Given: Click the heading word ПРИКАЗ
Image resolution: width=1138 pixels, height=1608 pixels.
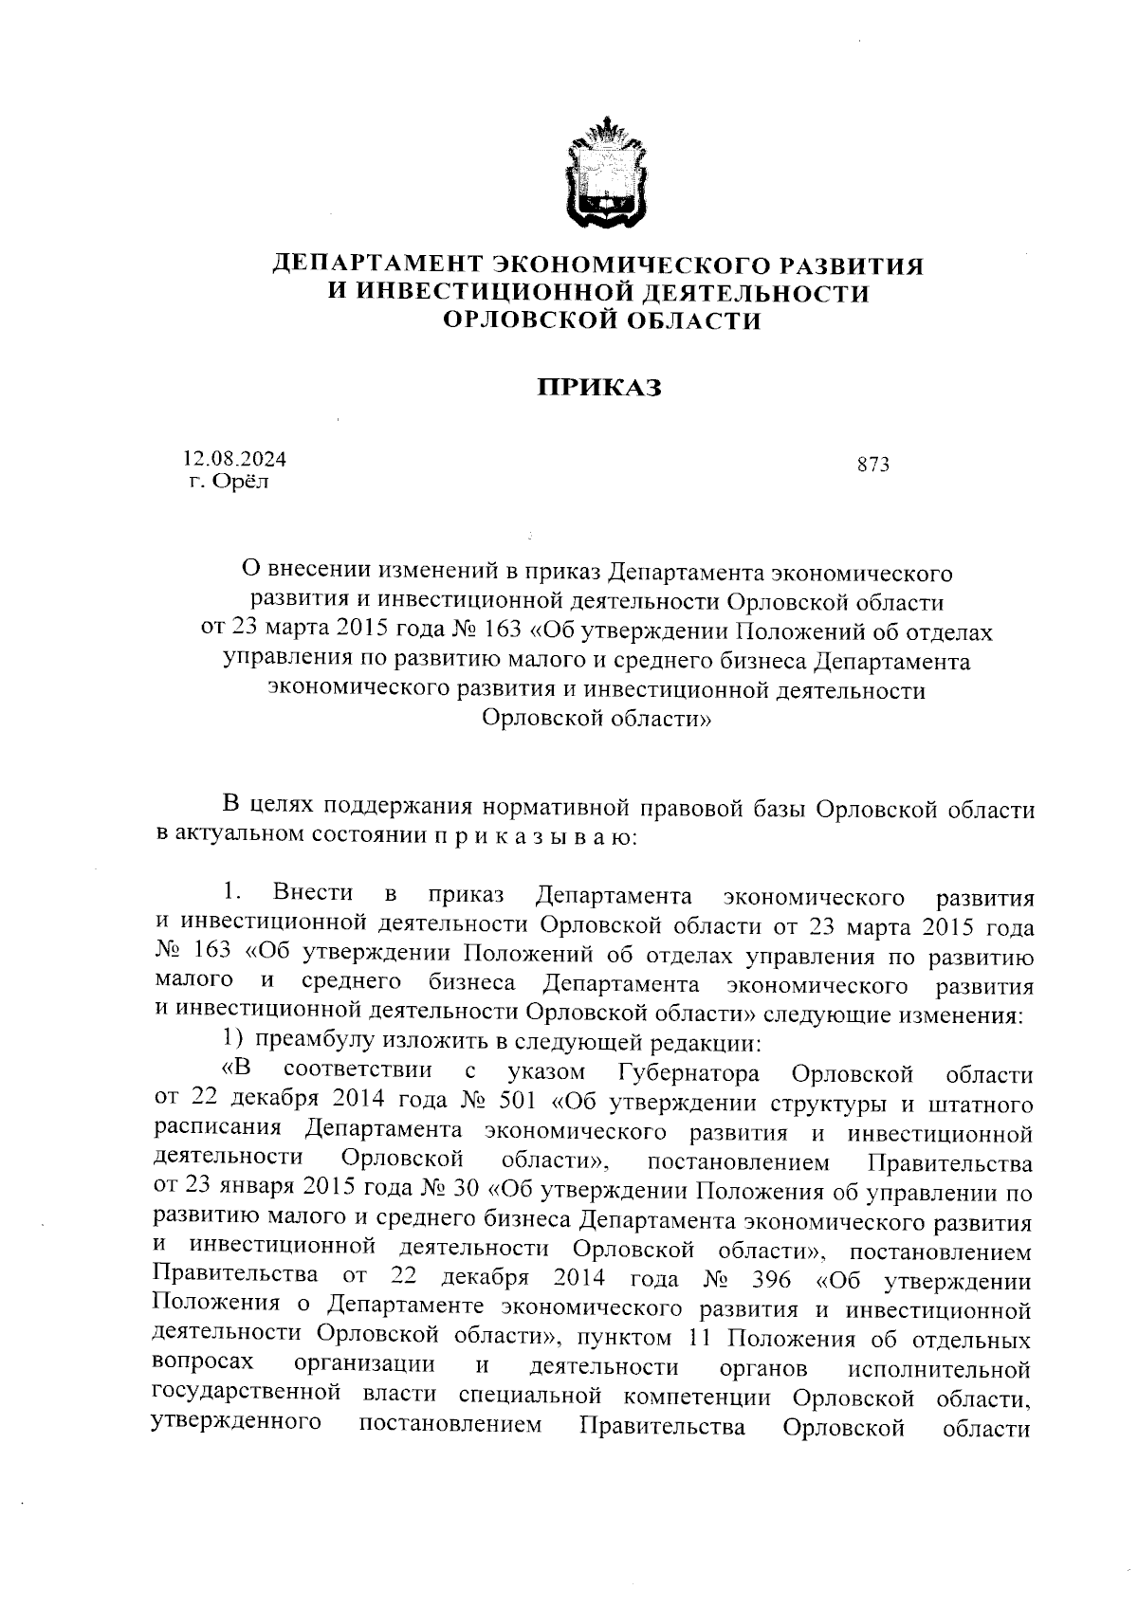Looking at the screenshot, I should pos(598,387).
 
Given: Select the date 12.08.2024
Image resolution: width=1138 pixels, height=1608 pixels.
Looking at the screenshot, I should pos(234,459).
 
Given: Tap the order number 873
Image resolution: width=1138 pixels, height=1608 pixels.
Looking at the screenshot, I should pos(872,465).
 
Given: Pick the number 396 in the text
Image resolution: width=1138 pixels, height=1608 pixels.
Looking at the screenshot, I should pos(770,1280).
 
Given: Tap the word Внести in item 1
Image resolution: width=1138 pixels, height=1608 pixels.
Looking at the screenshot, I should pos(312,893).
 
